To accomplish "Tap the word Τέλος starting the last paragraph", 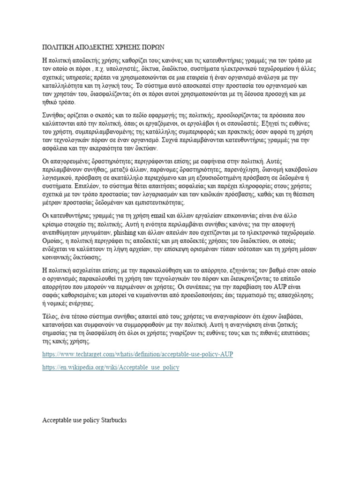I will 51,317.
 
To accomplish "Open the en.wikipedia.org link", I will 111,367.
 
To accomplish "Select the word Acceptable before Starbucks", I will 58,420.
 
